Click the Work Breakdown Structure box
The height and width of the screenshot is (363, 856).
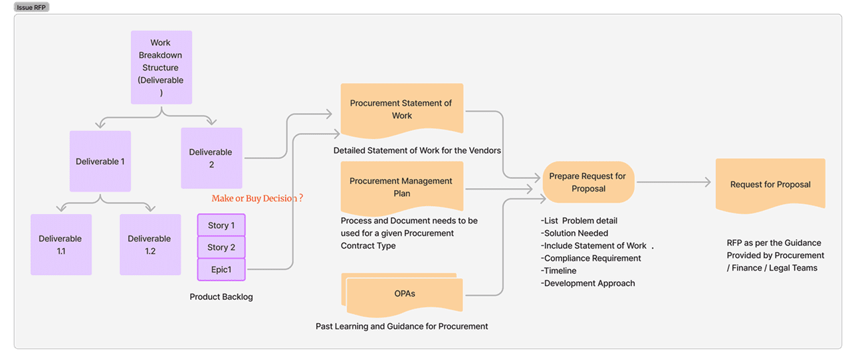point(161,67)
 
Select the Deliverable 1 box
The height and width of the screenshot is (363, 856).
point(100,162)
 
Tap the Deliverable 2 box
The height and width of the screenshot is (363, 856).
point(211,158)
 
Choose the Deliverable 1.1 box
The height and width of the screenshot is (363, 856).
point(60,245)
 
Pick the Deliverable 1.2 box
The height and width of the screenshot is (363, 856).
point(150,245)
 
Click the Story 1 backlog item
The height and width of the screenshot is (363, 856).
point(221,225)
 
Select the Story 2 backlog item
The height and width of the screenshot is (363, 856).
point(221,247)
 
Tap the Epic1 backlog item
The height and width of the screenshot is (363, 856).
point(221,269)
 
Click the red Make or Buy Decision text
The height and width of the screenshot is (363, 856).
point(257,198)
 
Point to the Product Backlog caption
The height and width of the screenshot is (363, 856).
point(221,297)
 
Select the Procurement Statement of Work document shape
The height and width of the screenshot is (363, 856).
point(401,110)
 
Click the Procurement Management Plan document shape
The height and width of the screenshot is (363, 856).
point(401,187)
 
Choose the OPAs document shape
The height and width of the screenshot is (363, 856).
point(404,294)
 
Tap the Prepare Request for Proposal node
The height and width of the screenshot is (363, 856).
point(588,182)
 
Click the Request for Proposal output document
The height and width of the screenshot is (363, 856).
point(770,184)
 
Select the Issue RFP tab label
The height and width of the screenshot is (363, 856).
point(32,7)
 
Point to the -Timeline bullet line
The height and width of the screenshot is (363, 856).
point(559,271)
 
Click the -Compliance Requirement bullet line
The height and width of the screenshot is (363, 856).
point(591,258)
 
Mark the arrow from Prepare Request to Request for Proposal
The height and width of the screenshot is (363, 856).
point(673,182)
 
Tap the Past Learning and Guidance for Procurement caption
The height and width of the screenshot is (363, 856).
point(401,326)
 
